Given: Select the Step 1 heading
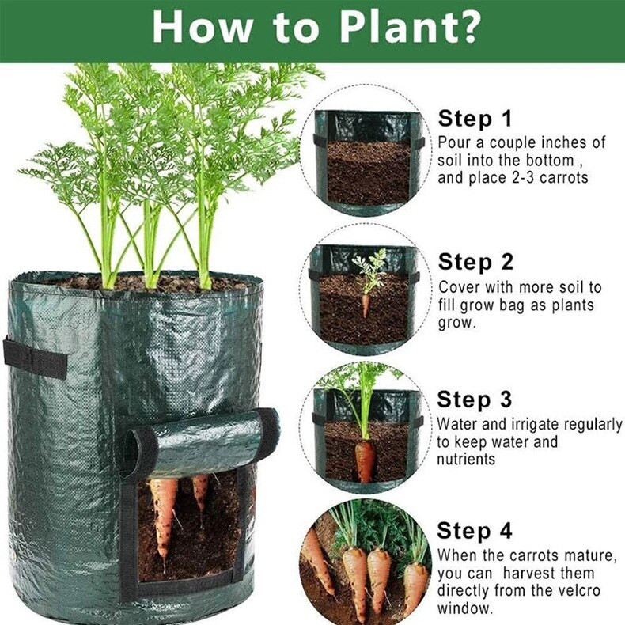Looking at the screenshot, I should pyautogui.click(x=475, y=119).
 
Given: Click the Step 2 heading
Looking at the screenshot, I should pyautogui.click(x=475, y=262).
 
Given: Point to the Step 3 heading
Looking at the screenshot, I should pyautogui.click(x=475, y=400).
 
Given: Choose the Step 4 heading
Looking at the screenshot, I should pyautogui.click(x=475, y=530).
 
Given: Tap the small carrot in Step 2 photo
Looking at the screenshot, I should pyautogui.click(x=366, y=304).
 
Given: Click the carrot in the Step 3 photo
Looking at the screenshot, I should pyautogui.click(x=365, y=459).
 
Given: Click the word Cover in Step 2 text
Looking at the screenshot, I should pyautogui.click(x=459, y=287).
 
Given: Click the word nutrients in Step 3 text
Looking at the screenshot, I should pyautogui.click(x=468, y=460).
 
